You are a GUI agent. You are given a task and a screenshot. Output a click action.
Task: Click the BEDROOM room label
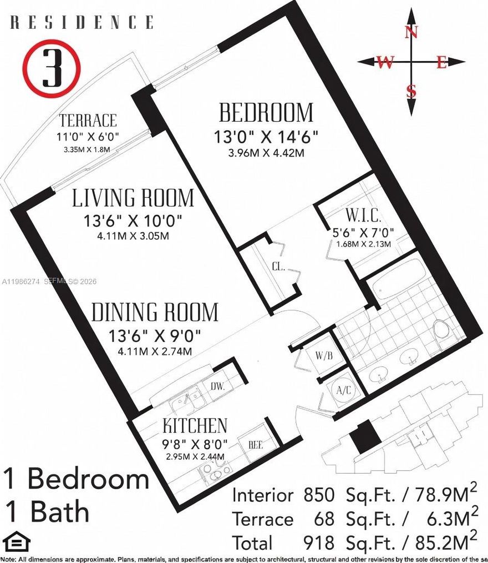point(266,113)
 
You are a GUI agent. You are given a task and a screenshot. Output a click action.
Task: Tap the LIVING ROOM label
point(134,198)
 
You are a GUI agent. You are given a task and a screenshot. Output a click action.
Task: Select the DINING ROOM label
point(155,312)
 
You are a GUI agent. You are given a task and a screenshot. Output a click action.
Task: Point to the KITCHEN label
point(195,426)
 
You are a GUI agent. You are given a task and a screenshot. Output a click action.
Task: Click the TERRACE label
point(88,120)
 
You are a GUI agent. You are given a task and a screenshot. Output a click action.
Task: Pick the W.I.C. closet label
point(363,215)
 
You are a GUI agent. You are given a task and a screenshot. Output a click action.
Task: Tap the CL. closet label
point(278,267)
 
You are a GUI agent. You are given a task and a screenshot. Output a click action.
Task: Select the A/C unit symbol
point(344,390)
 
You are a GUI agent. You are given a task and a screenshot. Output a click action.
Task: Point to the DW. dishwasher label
point(217,386)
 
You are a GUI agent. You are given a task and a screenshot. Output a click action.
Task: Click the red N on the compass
point(411,32)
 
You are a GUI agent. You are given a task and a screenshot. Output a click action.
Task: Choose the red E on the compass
point(441,63)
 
